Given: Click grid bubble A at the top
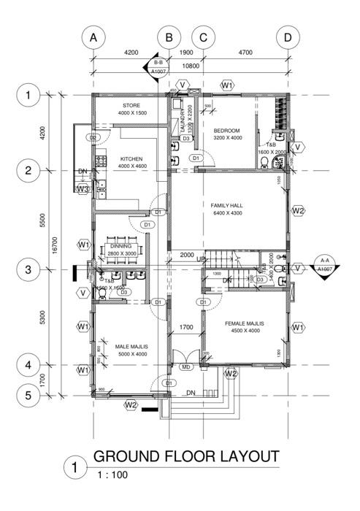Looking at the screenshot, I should point(93,36).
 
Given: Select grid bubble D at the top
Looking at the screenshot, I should point(288,36).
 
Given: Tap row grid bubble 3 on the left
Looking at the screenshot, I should point(28,270).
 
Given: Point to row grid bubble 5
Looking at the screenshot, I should point(28,396).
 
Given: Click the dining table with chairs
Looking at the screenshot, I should point(122,247).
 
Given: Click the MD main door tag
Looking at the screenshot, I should point(185,366).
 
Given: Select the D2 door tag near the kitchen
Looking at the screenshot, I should point(93,137).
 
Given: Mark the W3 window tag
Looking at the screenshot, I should point(83,189).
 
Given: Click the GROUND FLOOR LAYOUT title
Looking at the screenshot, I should point(186,457).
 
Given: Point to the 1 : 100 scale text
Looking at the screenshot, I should point(111,474).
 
